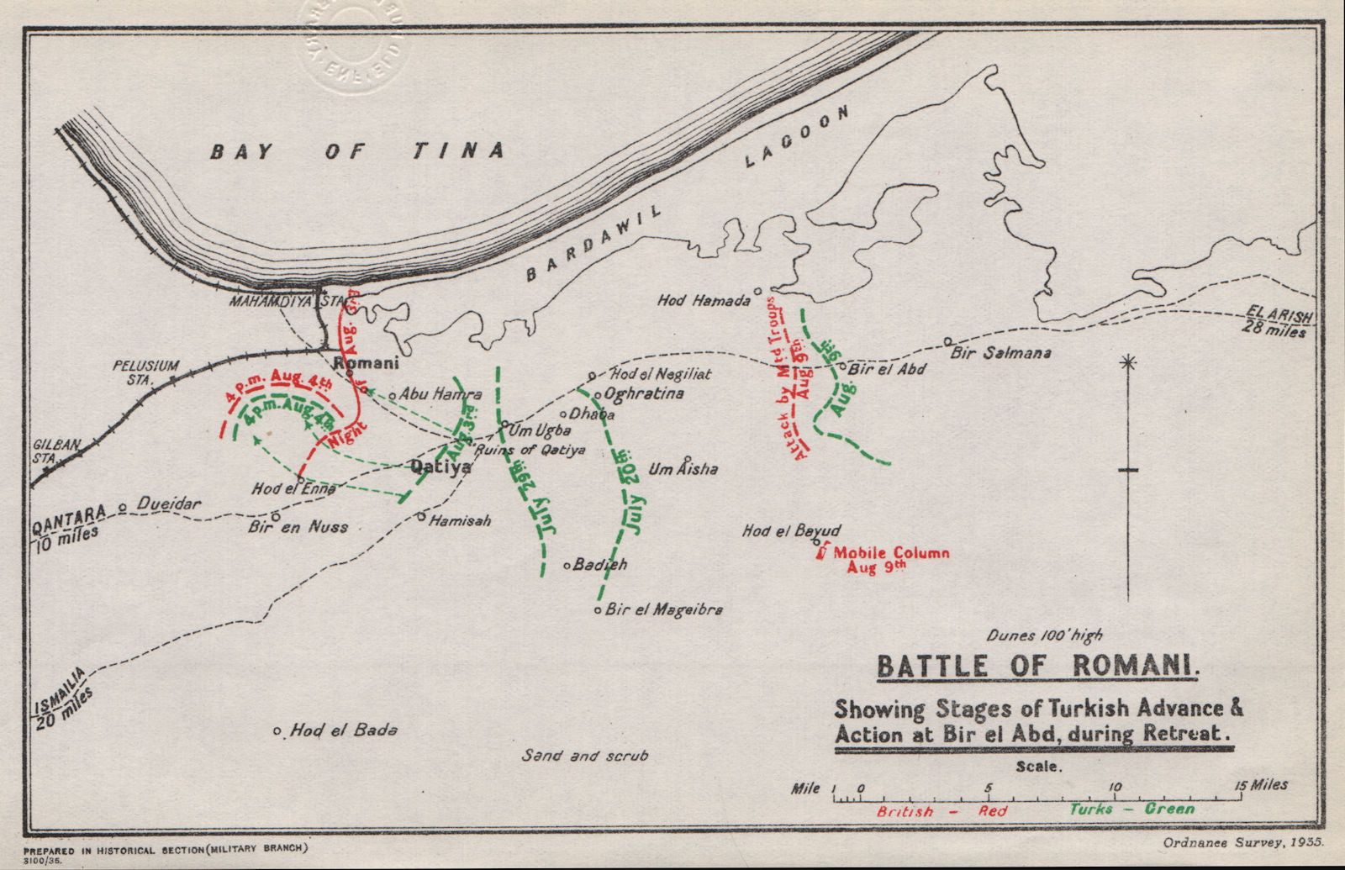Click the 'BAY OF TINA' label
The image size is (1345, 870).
pyautogui.click(x=357, y=151)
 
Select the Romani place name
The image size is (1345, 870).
pyautogui.click(x=367, y=363)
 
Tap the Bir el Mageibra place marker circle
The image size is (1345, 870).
pyautogui.click(x=598, y=609)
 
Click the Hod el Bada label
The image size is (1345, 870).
pyautogui.click(x=343, y=730)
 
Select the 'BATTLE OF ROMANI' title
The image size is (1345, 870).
pyautogui.click(x=1037, y=667)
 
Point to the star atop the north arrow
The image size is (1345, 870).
pyautogui.click(x=1128, y=363)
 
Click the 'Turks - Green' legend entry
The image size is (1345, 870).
pyautogui.click(x=1131, y=809)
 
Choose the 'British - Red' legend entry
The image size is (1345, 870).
pyautogui.click(x=941, y=811)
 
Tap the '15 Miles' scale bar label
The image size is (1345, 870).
pyautogui.click(x=1263, y=785)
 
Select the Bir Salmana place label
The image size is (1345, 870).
pyautogui.click(x=1000, y=353)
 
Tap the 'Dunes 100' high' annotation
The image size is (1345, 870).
pyautogui.click(x=1045, y=635)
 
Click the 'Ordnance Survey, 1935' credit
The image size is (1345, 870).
pyautogui.click(x=1243, y=841)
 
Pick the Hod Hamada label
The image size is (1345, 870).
pyautogui.click(x=703, y=300)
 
